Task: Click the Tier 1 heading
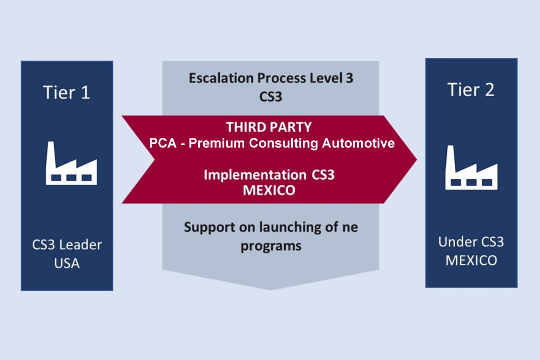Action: (66, 92)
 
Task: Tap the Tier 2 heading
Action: (471, 89)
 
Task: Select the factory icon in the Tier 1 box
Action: (72, 163)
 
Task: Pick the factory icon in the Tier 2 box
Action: (471, 167)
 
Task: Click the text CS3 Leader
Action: (67, 245)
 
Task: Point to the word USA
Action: (67, 263)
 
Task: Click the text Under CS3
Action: (471, 242)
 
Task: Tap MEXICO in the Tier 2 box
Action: (471, 260)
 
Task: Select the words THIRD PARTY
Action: (269, 127)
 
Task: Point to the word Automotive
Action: (358, 143)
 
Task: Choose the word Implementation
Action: (255, 175)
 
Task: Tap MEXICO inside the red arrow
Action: (269, 190)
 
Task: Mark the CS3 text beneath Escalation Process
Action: (271, 97)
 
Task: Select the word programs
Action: (271, 247)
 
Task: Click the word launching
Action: (293, 228)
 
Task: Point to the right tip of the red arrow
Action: (416, 159)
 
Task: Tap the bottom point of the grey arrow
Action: (271, 290)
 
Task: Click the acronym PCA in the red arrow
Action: (162, 143)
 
